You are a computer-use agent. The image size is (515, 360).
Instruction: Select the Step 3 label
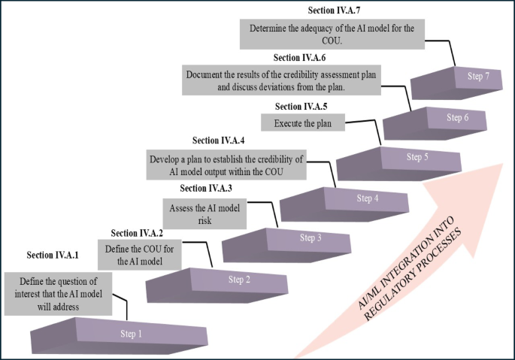(x=311, y=238)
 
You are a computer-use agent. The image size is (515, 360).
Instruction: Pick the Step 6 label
(x=458, y=117)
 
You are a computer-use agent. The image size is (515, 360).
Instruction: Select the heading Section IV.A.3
(x=207, y=188)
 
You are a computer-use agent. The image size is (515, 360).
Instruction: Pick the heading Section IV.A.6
(x=299, y=57)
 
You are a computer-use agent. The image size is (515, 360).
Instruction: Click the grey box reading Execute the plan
(x=302, y=123)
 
